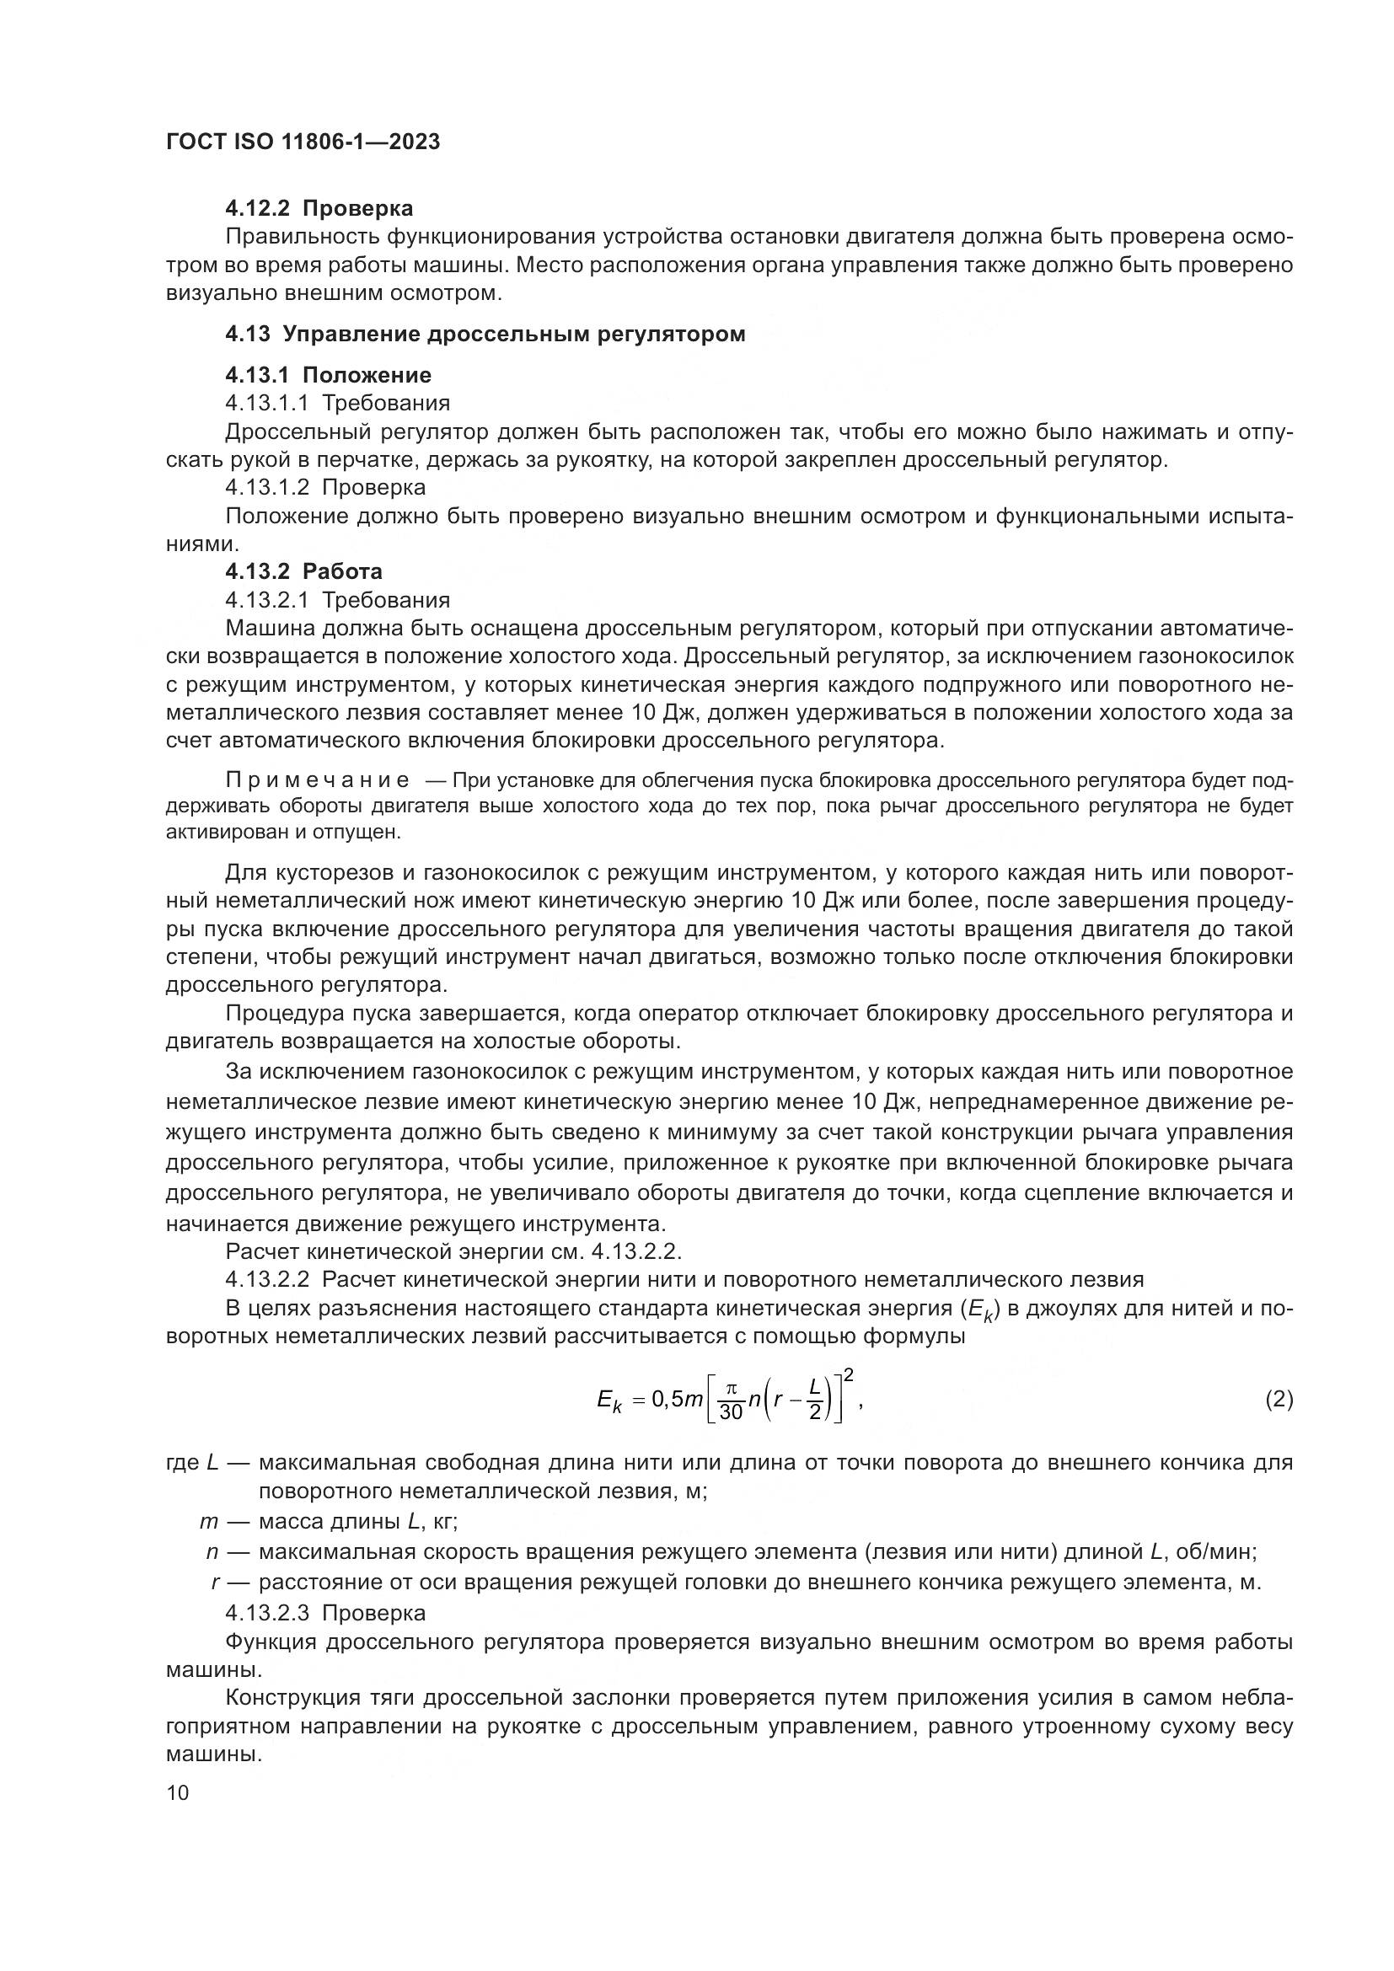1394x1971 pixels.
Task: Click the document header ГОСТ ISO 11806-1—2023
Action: (x=303, y=142)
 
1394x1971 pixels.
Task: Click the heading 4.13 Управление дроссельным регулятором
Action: (x=485, y=334)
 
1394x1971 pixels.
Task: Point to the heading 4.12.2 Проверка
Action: (x=319, y=208)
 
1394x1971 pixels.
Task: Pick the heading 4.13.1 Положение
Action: (x=328, y=375)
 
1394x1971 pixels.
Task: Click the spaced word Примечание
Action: (x=317, y=780)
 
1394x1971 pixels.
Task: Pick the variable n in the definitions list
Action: (x=212, y=1551)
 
